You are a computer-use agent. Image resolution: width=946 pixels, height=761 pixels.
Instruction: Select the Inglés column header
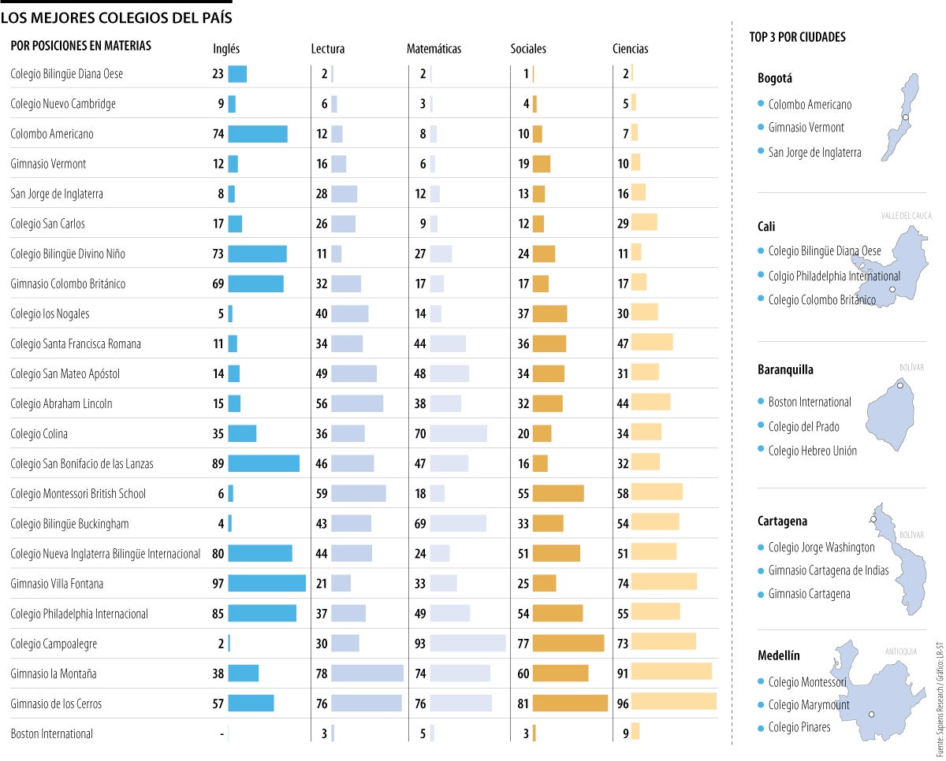(x=226, y=49)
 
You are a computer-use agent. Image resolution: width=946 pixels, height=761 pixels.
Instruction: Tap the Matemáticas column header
(x=434, y=49)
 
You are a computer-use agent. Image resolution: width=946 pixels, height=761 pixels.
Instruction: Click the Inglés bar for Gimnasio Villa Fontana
(x=266, y=583)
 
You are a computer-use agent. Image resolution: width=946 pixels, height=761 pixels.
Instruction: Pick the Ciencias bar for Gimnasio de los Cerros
(x=673, y=703)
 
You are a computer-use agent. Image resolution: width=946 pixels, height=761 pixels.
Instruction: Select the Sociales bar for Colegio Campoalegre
(x=568, y=643)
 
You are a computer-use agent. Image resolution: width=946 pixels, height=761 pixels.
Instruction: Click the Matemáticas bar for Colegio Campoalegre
(x=467, y=643)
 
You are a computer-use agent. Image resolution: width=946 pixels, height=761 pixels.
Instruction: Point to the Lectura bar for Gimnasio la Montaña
(x=367, y=674)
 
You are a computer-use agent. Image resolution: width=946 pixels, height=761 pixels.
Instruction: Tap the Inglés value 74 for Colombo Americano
(x=218, y=134)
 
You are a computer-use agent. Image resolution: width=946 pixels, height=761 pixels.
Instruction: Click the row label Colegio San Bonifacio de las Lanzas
(x=82, y=464)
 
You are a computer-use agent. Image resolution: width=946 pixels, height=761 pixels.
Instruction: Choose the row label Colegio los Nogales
(x=50, y=314)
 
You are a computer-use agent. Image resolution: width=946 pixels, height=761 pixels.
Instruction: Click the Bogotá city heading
(x=774, y=78)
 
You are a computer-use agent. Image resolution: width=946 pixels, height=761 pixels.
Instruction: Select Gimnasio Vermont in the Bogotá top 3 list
(x=806, y=128)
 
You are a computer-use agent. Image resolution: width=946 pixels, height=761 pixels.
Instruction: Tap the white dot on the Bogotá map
(x=906, y=117)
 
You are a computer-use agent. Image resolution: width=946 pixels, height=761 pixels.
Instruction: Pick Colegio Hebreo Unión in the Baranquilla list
(x=812, y=451)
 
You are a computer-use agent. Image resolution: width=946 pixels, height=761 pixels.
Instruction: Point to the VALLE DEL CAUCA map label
(x=907, y=215)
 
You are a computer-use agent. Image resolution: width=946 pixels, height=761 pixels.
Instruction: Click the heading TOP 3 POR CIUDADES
(x=797, y=37)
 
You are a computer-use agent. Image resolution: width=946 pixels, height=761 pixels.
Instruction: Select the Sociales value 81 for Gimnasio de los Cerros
(x=523, y=703)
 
